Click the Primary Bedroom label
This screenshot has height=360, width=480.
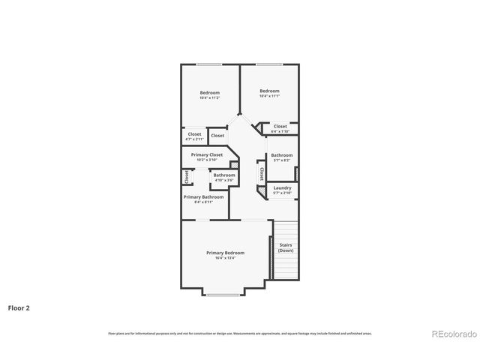coord(225,253)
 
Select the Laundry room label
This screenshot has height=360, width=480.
coord(282,187)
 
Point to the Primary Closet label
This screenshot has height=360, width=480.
coord(206,154)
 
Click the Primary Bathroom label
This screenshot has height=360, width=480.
coord(203,196)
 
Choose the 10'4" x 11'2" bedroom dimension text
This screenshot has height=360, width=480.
coord(209,98)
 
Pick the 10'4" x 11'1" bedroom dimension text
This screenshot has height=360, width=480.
coord(269,96)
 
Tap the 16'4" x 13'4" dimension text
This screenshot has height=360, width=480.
coord(225,258)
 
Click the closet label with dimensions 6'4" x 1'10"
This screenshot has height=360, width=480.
coord(280,127)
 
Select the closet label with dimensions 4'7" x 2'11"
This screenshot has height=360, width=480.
coord(194,134)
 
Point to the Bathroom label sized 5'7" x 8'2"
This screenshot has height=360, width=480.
coord(282,155)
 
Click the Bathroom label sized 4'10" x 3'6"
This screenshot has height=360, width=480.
coord(224,175)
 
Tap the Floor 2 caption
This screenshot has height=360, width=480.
coord(19,307)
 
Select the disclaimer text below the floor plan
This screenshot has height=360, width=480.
coord(239,333)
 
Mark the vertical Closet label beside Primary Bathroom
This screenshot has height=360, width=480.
coord(186,177)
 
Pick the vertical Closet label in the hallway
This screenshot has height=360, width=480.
coord(261,174)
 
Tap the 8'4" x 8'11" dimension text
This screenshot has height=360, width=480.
coord(203,202)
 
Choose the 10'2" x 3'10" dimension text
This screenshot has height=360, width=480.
coord(206,160)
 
